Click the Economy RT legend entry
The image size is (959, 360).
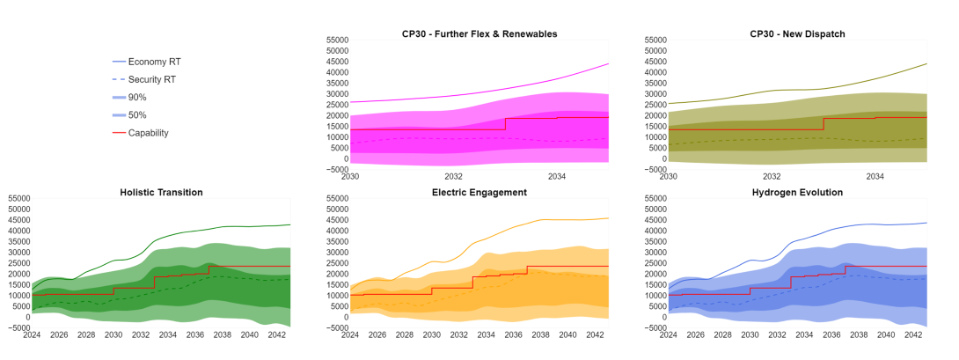pyautogui.click(x=154, y=62)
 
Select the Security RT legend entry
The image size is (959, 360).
pyautogui.click(x=152, y=79)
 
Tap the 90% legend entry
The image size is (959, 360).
pyautogui.click(x=137, y=97)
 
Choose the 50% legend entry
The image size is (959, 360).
pyautogui.click(x=137, y=115)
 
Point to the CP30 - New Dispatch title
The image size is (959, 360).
pyautogui.click(x=798, y=33)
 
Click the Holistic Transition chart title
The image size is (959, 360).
pyautogui.click(x=161, y=192)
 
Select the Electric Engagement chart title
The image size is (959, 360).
pyautogui.click(x=479, y=192)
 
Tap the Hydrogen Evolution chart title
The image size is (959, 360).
pyautogui.click(x=798, y=192)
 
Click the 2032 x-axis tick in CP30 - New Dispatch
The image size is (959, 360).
pyautogui.click(x=772, y=176)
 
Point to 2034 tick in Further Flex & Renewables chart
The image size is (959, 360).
pyautogui.click(x=557, y=176)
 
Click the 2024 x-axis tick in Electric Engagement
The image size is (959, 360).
pyautogui.click(x=350, y=334)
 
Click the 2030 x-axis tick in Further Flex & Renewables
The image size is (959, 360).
pyautogui.click(x=350, y=176)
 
